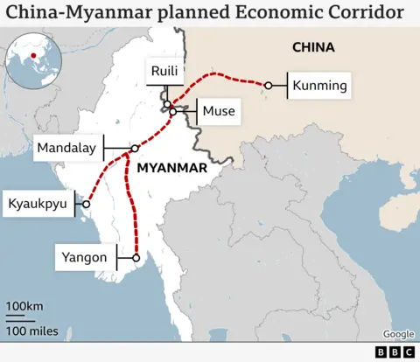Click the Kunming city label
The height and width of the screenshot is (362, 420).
pyautogui.click(x=319, y=86)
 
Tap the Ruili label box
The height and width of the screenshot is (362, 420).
pyautogui.click(x=164, y=72)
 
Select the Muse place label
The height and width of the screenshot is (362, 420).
pyautogui.click(x=218, y=111)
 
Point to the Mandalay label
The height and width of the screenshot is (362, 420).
pyautogui.click(x=66, y=148)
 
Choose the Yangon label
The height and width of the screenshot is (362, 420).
pyautogui.click(x=85, y=257)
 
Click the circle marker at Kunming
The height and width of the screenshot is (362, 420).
pyautogui.click(x=270, y=86)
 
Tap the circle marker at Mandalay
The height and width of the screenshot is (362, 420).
pyautogui.click(x=134, y=148)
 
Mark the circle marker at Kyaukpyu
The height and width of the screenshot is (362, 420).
pyautogui.click(x=86, y=205)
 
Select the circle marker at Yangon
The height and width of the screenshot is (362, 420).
pyautogui.click(x=136, y=257)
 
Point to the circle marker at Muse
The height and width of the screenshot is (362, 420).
pyautogui.click(x=173, y=112)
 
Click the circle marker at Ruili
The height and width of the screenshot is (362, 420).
pyautogui.click(x=166, y=105)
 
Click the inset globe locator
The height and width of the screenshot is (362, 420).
pyautogui.click(x=34, y=58)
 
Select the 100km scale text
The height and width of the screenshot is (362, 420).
pyautogui.click(x=25, y=306)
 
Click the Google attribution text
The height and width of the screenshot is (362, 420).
pyautogui.click(x=398, y=334)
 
